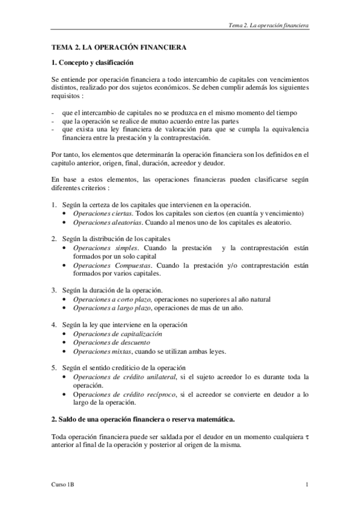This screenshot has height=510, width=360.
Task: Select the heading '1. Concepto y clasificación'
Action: (92, 62)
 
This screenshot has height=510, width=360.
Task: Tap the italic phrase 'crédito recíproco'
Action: (145, 394)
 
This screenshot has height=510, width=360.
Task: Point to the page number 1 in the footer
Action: (307, 484)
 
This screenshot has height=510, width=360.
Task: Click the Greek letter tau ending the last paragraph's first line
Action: (307, 435)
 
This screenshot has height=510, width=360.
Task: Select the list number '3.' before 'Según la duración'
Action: (53, 290)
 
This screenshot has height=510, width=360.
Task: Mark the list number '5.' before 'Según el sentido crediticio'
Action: (53, 367)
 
